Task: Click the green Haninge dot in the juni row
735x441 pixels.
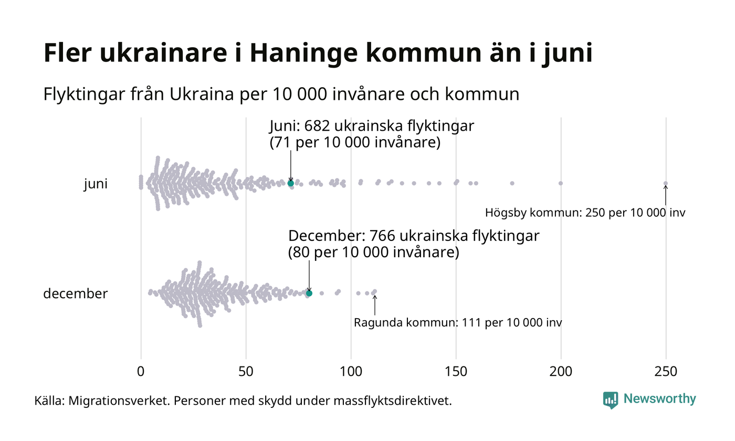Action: point(291,183)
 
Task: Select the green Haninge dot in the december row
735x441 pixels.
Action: point(309,293)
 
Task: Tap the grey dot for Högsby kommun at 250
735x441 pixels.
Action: point(666,183)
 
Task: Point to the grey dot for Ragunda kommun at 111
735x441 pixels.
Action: point(374,291)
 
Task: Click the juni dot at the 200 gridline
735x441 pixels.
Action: point(561,183)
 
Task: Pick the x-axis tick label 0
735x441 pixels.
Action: point(141,372)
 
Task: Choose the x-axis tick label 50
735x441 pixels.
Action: point(246,372)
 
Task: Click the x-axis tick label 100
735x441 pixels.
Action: point(351,372)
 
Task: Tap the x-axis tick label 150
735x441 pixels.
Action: point(456,372)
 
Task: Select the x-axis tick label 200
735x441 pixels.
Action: point(561,372)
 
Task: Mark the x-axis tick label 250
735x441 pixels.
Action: point(666,372)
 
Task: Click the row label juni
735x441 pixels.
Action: point(96,184)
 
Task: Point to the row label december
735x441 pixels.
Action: point(75,293)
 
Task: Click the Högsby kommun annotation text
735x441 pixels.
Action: point(585,213)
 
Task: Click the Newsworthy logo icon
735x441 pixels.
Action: point(611,400)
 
